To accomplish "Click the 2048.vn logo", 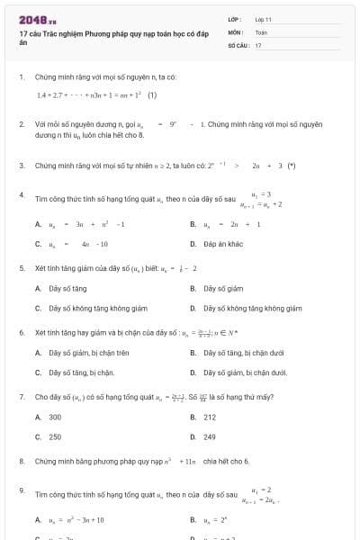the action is (x=32, y=20).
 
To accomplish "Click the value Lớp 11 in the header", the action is (x=263, y=19).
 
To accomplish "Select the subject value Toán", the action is (x=261, y=31).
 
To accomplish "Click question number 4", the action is (x=21, y=194).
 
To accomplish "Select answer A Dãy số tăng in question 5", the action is (x=67, y=288).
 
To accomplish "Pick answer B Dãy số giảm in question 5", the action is (x=223, y=288).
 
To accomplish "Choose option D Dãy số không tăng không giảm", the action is (x=252, y=308).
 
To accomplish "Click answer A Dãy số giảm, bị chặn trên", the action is (x=89, y=353).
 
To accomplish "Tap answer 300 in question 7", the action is (x=55, y=417).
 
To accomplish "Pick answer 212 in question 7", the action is (x=210, y=417).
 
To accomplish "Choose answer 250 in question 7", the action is (x=55, y=436).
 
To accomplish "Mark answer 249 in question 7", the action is (x=210, y=436).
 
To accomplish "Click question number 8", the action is (x=21, y=461).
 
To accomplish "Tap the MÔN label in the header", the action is (x=235, y=31).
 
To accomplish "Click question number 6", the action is (x=21, y=332).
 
